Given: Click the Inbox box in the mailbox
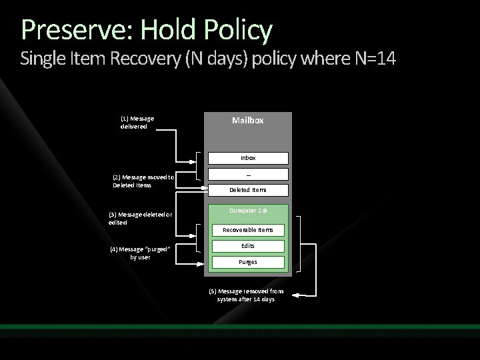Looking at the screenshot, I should point(248,158).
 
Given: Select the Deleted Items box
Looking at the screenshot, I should point(248,190).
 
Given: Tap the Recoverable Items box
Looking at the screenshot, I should point(248,230).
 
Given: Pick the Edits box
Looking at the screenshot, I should point(248,246).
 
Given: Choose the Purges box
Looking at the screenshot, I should point(248,262).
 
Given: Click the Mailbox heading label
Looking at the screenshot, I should point(248,121).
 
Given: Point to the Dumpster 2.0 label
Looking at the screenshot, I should point(248,211).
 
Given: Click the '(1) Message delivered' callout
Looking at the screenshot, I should point(137,122).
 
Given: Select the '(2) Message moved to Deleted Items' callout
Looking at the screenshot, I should point(143,181).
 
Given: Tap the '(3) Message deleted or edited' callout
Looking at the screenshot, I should point(140,218).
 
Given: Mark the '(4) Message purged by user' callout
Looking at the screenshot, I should point(140,253).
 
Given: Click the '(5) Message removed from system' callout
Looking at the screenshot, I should point(245,295).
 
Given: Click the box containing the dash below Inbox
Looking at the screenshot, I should point(248,174).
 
